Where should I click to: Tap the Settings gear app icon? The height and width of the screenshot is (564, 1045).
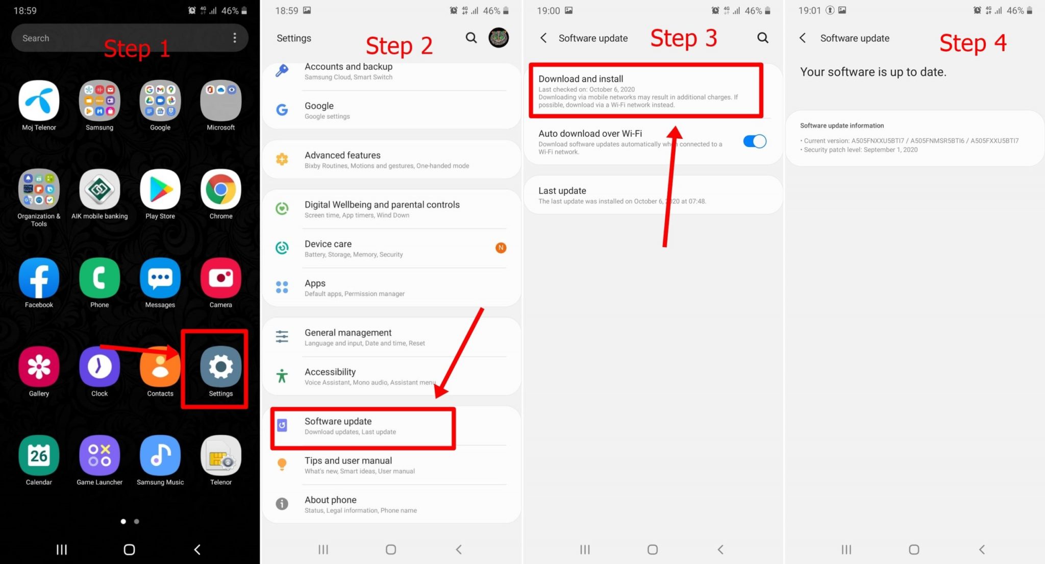(220, 367)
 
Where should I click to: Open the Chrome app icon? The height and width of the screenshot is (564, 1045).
(220, 190)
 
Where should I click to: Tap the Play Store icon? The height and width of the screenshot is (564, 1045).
(160, 190)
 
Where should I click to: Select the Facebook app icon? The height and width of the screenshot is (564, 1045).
(39, 278)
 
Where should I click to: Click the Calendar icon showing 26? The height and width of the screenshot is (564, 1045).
(39, 455)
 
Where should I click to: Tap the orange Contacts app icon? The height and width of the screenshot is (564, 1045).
(160, 367)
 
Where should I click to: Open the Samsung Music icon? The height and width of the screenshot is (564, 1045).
(160, 455)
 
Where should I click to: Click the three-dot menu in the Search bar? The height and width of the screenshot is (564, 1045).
(235, 38)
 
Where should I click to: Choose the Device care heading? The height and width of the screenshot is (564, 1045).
(328, 244)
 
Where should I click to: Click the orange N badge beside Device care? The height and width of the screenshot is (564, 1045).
(501, 248)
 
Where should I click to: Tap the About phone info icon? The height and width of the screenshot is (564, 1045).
(282, 504)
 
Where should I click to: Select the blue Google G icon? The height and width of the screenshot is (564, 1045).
(282, 110)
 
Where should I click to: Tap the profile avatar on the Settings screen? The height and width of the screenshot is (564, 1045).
(499, 38)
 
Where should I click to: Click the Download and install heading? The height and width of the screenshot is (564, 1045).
(581, 79)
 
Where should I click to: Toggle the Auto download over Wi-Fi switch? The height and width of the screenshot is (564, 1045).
(755, 141)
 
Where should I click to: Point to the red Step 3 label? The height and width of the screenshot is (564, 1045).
(684, 38)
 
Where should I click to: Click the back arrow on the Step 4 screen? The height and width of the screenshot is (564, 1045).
(803, 38)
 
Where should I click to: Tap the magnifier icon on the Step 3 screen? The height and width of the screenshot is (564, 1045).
(763, 38)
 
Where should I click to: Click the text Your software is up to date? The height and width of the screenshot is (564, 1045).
(873, 72)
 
